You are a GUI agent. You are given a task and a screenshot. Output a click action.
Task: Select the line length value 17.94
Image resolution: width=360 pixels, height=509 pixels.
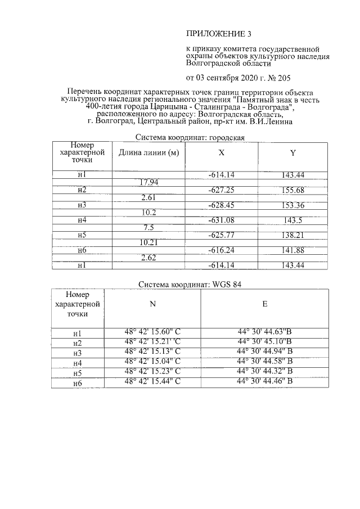pyautogui.click(x=148, y=182)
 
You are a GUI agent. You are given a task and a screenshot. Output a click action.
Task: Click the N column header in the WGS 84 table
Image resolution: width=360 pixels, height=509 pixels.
pyautogui.click(x=152, y=304)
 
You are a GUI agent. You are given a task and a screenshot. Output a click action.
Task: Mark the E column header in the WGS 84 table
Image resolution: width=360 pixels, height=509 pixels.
pyautogui.click(x=264, y=304)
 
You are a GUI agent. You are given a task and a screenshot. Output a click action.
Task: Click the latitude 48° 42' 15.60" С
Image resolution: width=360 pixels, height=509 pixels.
pyautogui.click(x=152, y=332)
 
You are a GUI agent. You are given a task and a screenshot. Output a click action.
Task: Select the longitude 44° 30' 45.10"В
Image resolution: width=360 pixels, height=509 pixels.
pyautogui.click(x=264, y=343)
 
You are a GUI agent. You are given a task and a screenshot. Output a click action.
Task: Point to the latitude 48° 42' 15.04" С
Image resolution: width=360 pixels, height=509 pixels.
pyautogui.click(x=152, y=362)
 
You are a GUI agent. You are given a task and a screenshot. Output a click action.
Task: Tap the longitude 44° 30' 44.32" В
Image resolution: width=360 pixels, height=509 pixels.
pyautogui.click(x=264, y=372)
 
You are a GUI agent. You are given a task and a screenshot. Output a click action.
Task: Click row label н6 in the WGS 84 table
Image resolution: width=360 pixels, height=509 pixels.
pyautogui.click(x=78, y=384)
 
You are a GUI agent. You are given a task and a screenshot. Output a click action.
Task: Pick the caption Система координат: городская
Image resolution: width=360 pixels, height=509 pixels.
pyautogui.click(x=190, y=138)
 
